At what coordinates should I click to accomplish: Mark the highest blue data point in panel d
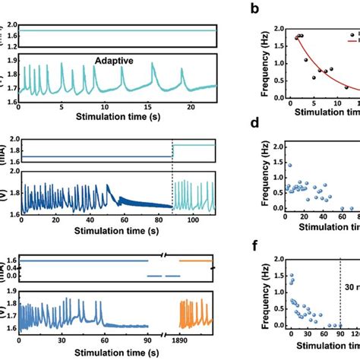(x=289, y=165)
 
